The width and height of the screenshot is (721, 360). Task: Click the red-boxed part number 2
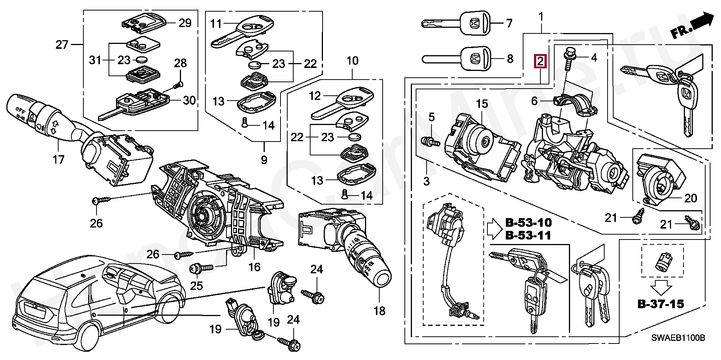coord(540,61)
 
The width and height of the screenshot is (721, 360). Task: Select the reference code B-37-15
coord(661,303)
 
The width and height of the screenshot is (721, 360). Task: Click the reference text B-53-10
coord(528,223)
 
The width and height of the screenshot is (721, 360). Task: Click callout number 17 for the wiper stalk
coord(59,160)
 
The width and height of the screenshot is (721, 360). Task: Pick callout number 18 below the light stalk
coord(380,311)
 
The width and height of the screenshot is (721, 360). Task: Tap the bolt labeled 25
coord(201,268)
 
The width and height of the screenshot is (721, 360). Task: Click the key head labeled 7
coord(475,23)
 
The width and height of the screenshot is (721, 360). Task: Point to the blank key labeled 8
coord(475,59)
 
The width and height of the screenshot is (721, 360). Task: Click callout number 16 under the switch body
coord(254,267)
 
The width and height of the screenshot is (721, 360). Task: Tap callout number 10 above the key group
coord(353,61)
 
